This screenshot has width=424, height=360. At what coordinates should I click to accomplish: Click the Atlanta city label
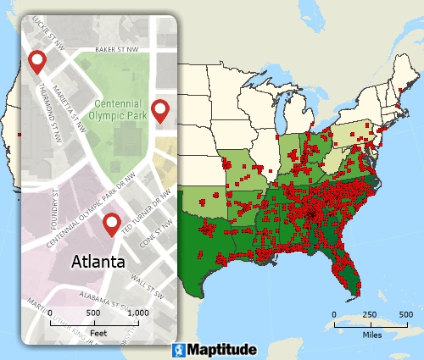[x=98, y=261]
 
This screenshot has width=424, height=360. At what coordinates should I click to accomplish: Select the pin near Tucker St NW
[x=37, y=61]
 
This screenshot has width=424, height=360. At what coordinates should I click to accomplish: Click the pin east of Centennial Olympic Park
[x=159, y=109]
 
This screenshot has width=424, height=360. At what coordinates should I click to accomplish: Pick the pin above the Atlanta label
[x=111, y=224]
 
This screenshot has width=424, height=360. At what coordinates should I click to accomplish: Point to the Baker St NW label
[x=116, y=49]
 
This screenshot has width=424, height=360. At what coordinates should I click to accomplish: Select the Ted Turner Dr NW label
[x=141, y=221]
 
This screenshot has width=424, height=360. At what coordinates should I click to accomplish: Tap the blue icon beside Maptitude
[x=179, y=349]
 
